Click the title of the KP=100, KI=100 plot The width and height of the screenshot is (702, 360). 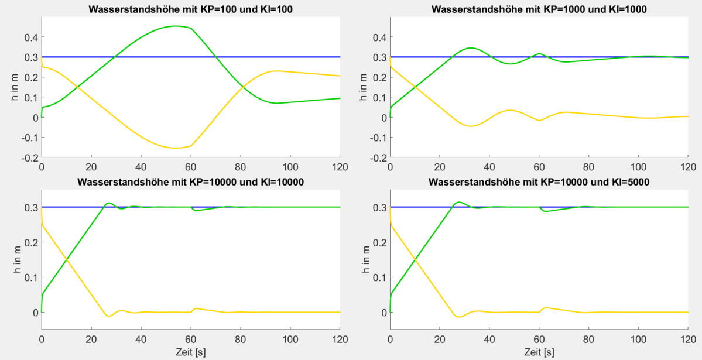191,9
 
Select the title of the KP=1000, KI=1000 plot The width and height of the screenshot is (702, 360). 539,9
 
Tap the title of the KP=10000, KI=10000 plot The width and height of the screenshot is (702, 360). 191,182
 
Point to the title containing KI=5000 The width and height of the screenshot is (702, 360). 539,182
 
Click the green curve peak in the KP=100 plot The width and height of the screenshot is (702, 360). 176,26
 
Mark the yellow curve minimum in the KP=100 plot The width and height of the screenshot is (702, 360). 176,148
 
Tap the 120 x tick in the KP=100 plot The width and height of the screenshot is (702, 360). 340,167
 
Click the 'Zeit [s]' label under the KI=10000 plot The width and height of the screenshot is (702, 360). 191,352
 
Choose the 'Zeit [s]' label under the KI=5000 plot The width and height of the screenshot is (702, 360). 539,352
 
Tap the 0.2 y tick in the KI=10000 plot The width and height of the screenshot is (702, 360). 30,242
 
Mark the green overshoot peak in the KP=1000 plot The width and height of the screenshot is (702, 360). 471,48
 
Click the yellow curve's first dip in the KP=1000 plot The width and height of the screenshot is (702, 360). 471,126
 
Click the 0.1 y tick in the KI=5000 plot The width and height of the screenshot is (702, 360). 378,277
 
